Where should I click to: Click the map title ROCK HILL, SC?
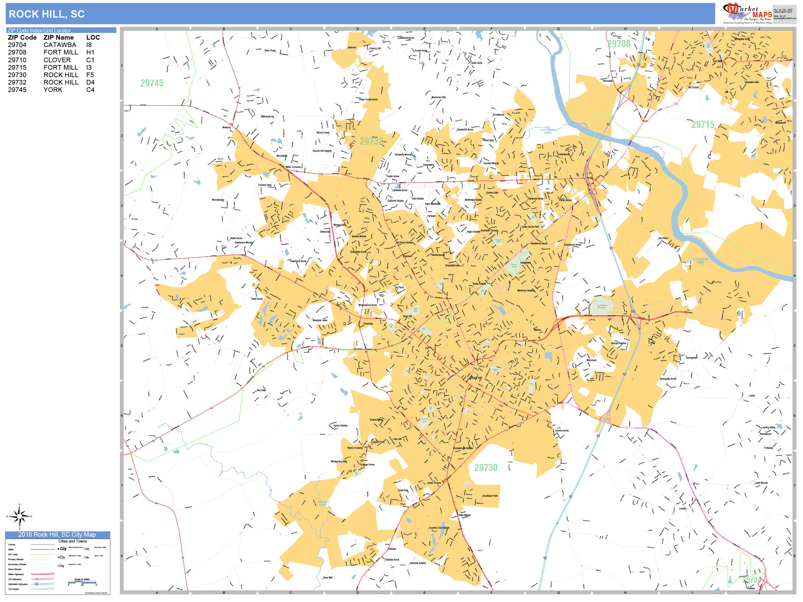click(x=46, y=14)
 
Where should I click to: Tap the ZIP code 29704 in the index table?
click(x=17, y=45)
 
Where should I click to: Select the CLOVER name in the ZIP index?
click(x=57, y=60)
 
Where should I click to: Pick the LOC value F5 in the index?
click(x=90, y=75)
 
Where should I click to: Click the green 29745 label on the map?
click(x=152, y=83)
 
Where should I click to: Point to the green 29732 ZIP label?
click(x=371, y=141)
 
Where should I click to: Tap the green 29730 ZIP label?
click(x=486, y=467)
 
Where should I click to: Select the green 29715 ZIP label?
click(x=702, y=124)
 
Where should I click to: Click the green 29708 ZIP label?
click(x=619, y=44)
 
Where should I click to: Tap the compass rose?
click(x=20, y=516)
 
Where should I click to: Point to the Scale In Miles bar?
click(x=82, y=582)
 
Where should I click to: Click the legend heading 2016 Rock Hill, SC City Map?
click(x=57, y=534)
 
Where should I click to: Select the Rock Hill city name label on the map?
click(x=476, y=378)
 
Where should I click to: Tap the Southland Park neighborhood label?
click(x=490, y=496)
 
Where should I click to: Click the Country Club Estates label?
click(x=439, y=528)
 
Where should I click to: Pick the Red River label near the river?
click(x=663, y=238)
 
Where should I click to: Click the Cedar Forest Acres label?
click(x=368, y=99)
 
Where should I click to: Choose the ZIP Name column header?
click(x=59, y=37)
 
